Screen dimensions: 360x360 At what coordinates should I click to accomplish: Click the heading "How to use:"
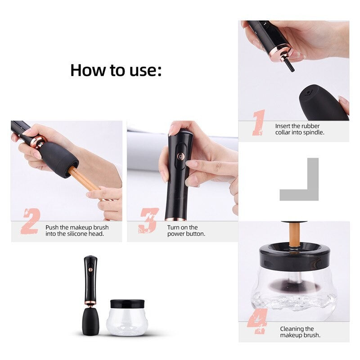(x=116, y=70)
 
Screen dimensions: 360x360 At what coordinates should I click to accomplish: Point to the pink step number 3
(x=149, y=221)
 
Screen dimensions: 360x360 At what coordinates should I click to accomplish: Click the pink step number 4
(x=257, y=322)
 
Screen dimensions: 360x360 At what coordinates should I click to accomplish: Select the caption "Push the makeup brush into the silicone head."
(x=77, y=230)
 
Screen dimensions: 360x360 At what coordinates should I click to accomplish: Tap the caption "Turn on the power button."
(x=186, y=230)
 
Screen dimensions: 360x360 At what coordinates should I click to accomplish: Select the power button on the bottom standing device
(x=90, y=270)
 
